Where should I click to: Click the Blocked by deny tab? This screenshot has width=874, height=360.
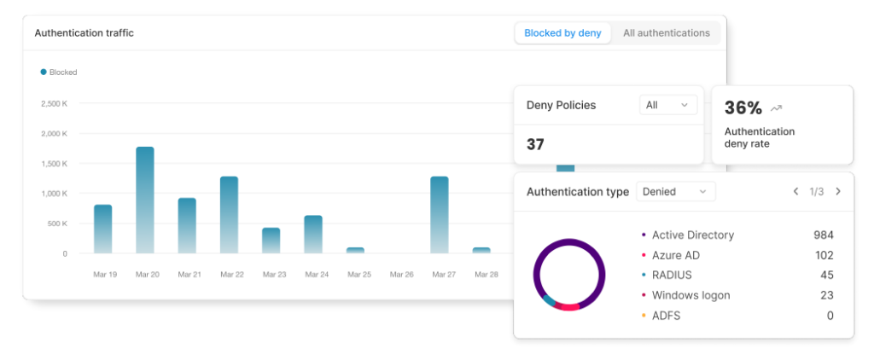[x=562, y=33]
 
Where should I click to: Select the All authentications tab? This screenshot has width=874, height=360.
[x=666, y=33]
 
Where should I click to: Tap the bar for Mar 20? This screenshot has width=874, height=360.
[x=145, y=200]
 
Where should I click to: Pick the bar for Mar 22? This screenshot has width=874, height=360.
[x=229, y=214]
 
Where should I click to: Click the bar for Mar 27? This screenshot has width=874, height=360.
[x=440, y=214]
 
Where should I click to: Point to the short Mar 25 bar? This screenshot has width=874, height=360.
[x=355, y=250]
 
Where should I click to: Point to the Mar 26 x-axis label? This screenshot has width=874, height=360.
[x=401, y=275]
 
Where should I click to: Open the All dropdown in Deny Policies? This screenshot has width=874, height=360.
[x=667, y=105]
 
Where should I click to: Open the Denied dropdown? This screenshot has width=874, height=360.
[x=676, y=192]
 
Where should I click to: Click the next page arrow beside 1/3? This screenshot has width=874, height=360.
[x=838, y=192]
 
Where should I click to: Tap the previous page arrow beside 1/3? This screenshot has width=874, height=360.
[x=795, y=192]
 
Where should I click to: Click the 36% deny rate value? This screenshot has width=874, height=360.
[x=743, y=108]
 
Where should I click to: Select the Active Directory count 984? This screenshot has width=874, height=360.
[x=823, y=235]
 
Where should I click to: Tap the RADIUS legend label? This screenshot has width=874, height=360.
[x=672, y=276]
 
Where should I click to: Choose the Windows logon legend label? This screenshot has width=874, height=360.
[x=690, y=295]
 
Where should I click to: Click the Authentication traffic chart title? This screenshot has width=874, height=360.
[x=84, y=33]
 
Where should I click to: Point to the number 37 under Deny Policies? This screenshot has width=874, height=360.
[x=535, y=145]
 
